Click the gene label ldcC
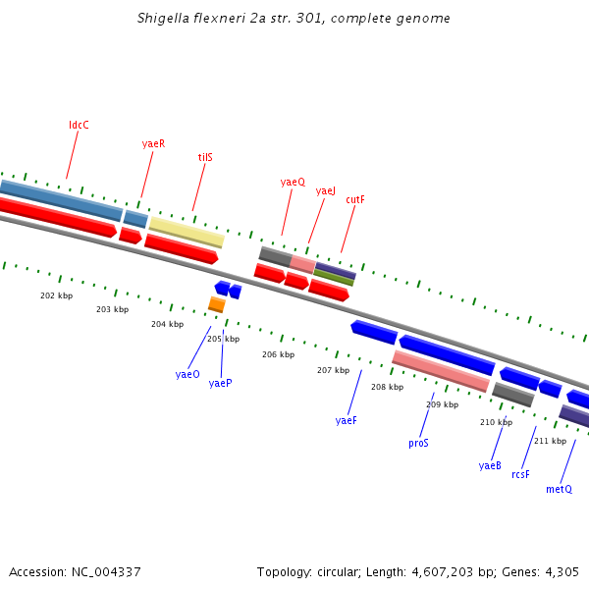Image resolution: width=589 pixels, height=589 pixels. pos(79,125)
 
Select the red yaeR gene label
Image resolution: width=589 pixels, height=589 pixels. pos(153,143)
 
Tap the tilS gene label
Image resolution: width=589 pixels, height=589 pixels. pos(205,157)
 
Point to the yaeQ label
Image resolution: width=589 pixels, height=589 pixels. pos(293,182)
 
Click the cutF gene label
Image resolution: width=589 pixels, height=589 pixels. pos(354,199)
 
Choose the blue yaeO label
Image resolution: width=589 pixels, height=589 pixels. pos(187,374)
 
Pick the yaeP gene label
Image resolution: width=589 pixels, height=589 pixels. pos(220,383)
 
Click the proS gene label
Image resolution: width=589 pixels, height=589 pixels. pos(418,443)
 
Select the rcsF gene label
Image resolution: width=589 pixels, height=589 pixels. pos(520,474)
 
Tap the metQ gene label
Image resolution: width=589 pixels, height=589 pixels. pos(559,489)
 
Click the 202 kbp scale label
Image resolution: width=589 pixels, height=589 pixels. pos(56,295)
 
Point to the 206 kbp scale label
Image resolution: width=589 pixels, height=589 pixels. pos(278,354)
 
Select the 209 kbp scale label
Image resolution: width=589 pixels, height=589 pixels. pos(442,404)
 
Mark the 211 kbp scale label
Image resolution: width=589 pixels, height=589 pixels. pos(550,441)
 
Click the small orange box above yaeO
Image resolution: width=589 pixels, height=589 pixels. pos(216,304)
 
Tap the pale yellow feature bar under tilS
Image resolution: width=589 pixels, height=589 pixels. pos(187,232)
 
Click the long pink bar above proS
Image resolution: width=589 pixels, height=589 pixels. pos(440,370)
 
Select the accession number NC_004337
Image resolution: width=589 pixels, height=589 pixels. pos(102,571)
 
